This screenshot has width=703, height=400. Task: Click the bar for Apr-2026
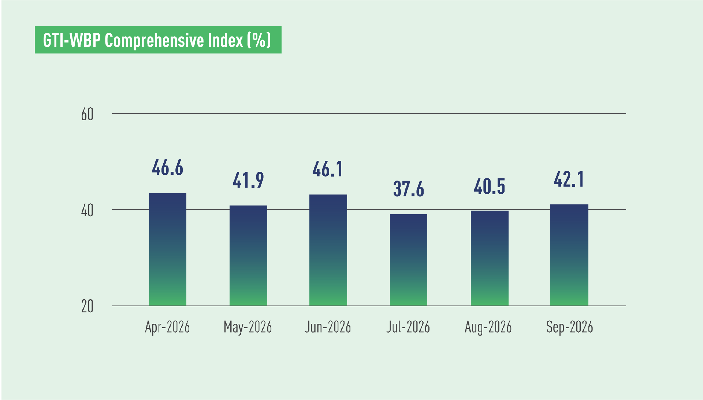(168, 249)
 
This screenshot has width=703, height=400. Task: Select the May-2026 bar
(248, 256)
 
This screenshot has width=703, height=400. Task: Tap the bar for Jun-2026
(328, 250)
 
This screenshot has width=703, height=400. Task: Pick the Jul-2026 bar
(409, 260)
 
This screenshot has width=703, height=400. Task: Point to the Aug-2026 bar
(490, 258)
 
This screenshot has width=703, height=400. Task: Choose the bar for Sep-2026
(569, 255)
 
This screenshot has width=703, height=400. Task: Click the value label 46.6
(168, 168)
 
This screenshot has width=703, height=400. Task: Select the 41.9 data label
(248, 180)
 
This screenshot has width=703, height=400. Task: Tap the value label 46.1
(328, 169)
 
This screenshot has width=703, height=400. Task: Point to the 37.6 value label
(409, 189)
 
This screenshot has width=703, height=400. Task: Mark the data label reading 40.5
(490, 186)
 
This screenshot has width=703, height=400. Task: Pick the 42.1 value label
(569, 179)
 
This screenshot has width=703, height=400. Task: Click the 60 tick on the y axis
(88, 115)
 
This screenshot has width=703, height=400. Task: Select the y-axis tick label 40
(88, 211)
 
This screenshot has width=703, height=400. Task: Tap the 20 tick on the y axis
(88, 307)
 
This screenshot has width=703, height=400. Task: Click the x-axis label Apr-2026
(168, 327)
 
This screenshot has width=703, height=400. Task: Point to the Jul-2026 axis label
(408, 327)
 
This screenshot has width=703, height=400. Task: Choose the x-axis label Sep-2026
(570, 327)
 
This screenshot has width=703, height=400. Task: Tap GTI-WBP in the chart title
(72, 40)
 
